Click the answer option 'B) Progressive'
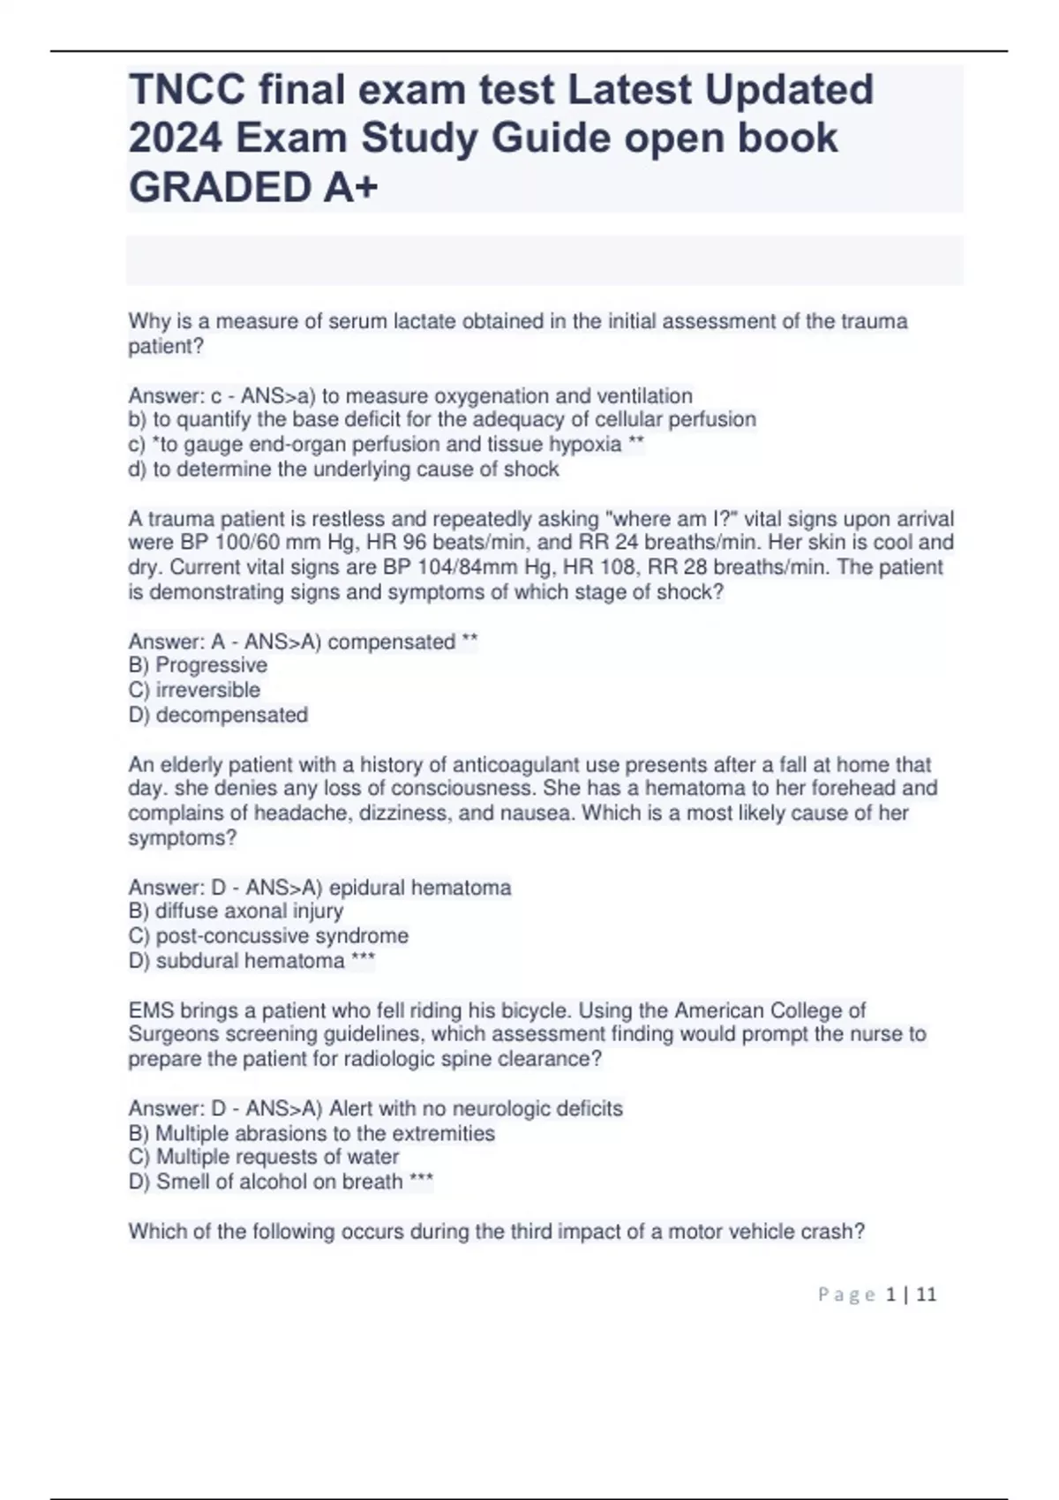(198, 665)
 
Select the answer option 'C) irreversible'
(194, 690)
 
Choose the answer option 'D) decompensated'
(218, 715)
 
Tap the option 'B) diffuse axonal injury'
(236, 911)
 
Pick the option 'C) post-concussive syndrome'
(268, 935)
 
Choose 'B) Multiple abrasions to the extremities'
(312, 1133)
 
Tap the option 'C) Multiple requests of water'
(264, 1157)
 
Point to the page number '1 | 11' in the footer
(911, 1294)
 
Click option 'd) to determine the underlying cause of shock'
(343, 469)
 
